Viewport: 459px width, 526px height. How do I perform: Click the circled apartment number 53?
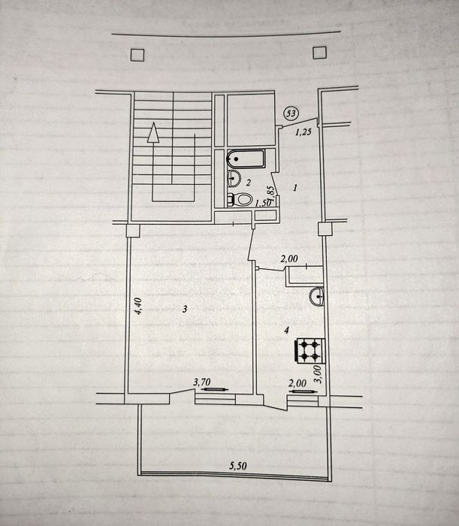click(291, 113)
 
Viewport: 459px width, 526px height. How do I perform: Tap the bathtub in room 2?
click(246, 159)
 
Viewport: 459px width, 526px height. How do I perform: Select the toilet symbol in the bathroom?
click(240, 200)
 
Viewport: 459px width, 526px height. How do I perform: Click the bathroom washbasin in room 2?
click(234, 178)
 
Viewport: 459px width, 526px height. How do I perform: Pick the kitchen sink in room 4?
click(316, 296)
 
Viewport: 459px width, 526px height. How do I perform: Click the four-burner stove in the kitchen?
click(310, 351)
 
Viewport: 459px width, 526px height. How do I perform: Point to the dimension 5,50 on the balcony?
click(238, 465)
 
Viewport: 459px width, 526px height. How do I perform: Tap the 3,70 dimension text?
click(202, 382)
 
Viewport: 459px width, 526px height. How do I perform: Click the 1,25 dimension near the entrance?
click(303, 131)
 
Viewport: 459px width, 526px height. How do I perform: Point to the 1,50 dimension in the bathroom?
click(263, 203)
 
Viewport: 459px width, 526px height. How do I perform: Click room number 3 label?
click(185, 309)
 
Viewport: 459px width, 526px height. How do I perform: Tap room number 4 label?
click(286, 331)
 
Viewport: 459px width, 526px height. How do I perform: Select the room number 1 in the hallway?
click(295, 188)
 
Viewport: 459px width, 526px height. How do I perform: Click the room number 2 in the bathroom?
click(248, 183)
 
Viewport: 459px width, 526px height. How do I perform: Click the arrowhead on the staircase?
click(153, 132)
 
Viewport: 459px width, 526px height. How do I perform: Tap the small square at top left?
click(137, 55)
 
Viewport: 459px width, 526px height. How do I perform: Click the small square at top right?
click(319, 53)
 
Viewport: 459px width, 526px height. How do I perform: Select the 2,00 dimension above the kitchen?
click(289, 258)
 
